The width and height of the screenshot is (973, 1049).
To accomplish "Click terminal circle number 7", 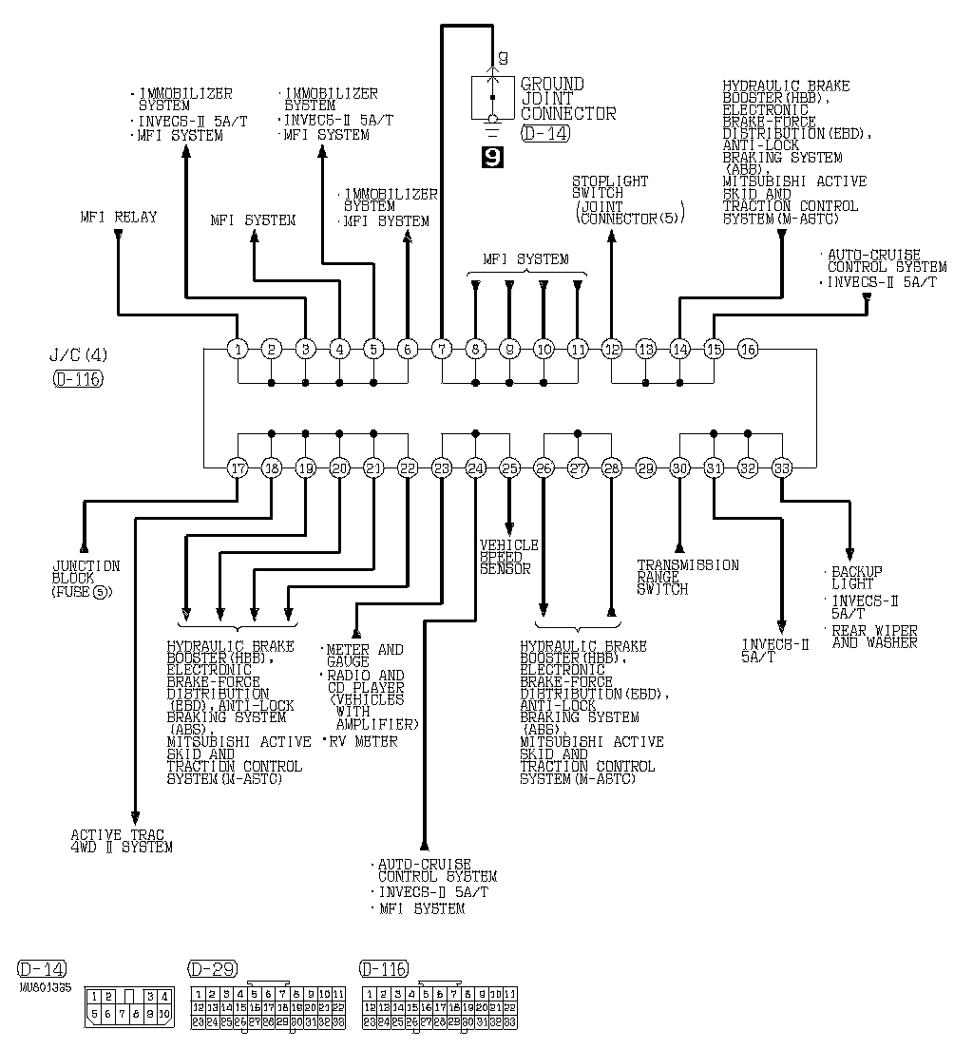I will (x=441, y=349).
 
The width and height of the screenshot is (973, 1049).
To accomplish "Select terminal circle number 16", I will (x=748, y=349).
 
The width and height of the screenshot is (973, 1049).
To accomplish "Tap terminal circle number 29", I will (x=646, y=467).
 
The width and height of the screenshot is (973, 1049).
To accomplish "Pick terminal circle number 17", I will (x=238, y=467).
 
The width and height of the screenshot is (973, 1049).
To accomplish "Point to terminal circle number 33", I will (x=782, y=467).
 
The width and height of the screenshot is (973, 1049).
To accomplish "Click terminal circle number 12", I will (x=611, y=349).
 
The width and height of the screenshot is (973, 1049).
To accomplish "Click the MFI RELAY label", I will (x=119, y=218).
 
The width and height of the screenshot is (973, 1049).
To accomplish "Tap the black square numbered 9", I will (x=493, y=157).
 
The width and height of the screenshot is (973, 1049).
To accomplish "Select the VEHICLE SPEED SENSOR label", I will (x=508, y=557).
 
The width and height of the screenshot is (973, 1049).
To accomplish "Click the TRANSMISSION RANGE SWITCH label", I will (x=687, y=577).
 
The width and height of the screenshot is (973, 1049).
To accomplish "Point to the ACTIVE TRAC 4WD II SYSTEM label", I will (x=122, y=841).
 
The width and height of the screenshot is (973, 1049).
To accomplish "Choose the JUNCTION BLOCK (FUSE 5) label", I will (x=86, y=579).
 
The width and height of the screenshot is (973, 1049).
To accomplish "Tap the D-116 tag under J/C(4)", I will (x=78, y=379).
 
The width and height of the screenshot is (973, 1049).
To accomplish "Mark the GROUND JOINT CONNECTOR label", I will (x=567, y=99).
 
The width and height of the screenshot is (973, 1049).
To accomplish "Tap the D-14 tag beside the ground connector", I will (x=545, y=134).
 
